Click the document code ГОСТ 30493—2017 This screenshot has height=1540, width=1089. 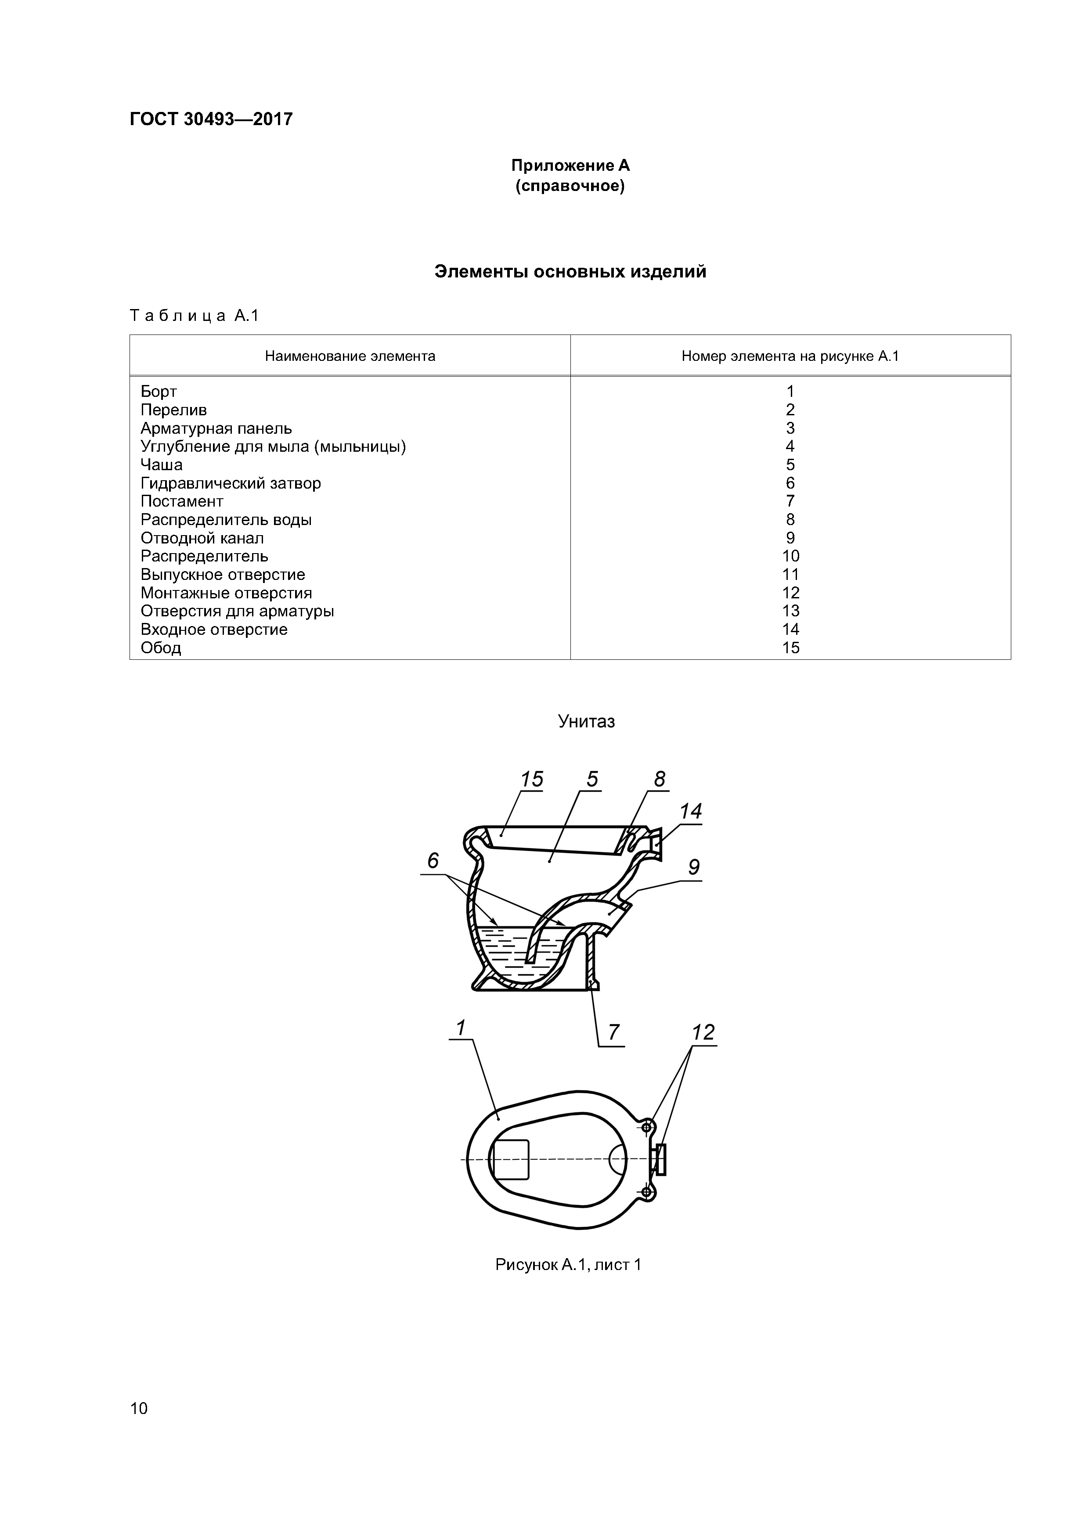pyautogui.click(x=211, y=119)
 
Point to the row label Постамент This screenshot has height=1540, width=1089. pyautogui.click(x=182, y=501)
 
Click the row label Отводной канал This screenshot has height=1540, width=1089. pyautogui.click(x=202, y=538)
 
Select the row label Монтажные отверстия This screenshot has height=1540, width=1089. pyautogui.click(x=226, y=593)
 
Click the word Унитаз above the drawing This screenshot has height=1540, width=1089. pyautogui.click(x=586, y=722)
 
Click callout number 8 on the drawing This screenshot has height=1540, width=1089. pyautogui.click(x=659, y=779)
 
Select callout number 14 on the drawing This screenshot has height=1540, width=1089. pyautogui.click(x=690, y=812)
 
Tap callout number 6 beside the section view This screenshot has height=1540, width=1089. pyautogui.click(x=433, y=860)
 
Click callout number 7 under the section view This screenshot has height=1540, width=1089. pyautogui.click(x=613, y=1032)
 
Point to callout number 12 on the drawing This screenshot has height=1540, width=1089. pyautogui.click(x=703, y=1032)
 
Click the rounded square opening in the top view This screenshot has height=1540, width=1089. pyautogui.click(x=510, y=1160)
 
